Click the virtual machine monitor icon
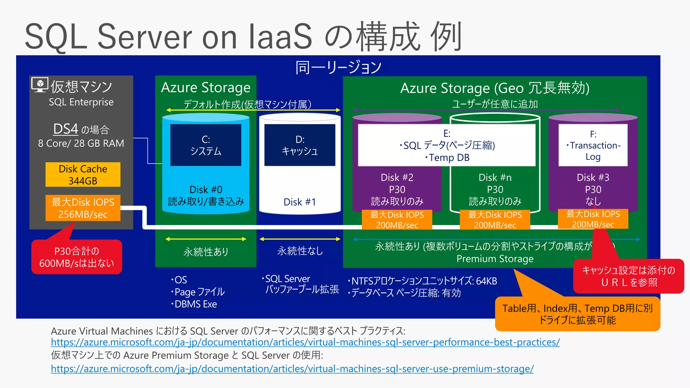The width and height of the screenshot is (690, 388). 40,85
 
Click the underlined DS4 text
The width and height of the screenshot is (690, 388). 66,129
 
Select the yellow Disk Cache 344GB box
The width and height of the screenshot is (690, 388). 83,174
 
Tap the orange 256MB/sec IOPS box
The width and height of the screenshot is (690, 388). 83,208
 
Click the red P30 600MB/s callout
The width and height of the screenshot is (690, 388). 76,257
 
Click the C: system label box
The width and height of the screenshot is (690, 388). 206,145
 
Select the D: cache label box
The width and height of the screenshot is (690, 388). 300,145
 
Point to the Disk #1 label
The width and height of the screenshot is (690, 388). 300,202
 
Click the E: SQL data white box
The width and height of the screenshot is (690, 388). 446,145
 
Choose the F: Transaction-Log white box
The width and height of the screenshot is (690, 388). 593,145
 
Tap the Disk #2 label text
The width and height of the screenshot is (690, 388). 397,177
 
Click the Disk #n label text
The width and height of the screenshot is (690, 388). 495,177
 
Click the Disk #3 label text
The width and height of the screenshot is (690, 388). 593,177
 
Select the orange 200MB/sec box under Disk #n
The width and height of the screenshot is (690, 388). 495,220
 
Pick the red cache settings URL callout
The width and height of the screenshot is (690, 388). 629,276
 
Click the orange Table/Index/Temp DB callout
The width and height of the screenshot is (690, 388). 577,314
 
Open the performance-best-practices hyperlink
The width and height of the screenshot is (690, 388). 305,342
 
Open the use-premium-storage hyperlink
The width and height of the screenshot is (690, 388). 292,369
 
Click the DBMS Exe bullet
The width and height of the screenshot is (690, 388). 195,304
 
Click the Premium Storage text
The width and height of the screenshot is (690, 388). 495,259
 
